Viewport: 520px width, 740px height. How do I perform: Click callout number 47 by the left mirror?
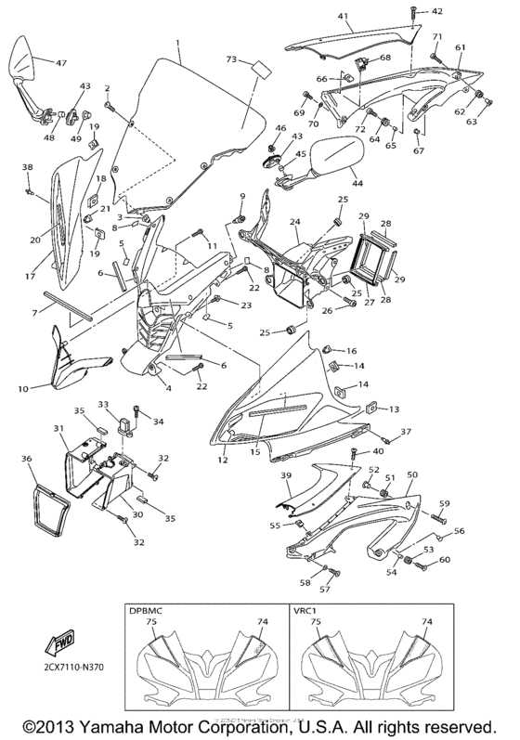pyautogui.click(x=61, y=64)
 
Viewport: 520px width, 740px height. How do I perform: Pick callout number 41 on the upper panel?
pyautogui.click(x=344, y=17)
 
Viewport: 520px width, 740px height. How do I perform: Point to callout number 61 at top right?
pyautogui.click(x=460, y=47)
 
